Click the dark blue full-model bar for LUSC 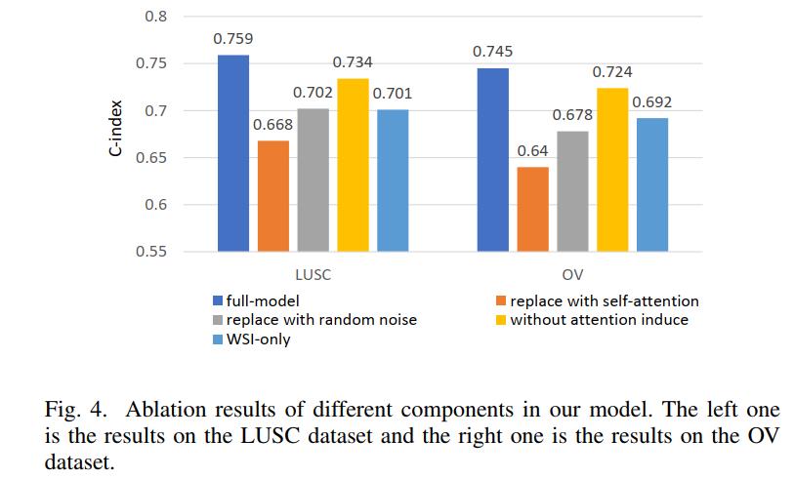click(233, 153)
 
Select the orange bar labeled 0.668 click(273, 196)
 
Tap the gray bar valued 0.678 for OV click(572, 191)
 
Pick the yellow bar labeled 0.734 click(353, 165)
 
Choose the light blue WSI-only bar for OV click(652, 184)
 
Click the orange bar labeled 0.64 click(532, 210)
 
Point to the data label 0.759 click(233, 39)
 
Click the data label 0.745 click(492, 52)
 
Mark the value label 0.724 click(612, 72)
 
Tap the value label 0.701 click(393, 94)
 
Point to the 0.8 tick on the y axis click(155, 17)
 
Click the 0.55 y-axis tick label click(151, 252)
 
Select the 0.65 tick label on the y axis click(151, 158)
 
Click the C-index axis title click(116, 128)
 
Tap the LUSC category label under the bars click(313, 275)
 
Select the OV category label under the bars click(572, 275)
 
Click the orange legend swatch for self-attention click(501, 300)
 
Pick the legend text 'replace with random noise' click(321, 320)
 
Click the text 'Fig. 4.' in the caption click(76, 410)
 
